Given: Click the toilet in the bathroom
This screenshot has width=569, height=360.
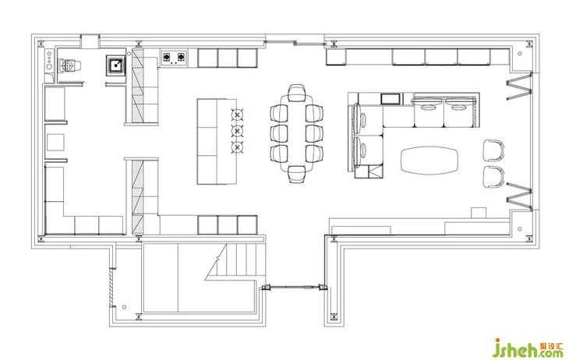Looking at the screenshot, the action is point(69,66).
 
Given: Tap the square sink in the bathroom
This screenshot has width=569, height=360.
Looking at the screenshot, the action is point(116,65).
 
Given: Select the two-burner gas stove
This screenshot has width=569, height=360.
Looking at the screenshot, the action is point(174,58).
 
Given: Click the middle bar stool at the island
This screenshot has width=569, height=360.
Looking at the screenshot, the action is point(237,131).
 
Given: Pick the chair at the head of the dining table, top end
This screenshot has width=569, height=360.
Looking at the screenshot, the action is point(296,93).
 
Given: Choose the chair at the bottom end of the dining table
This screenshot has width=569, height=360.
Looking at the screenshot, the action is point(297,175).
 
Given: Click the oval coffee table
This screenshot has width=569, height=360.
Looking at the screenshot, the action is point(429,161).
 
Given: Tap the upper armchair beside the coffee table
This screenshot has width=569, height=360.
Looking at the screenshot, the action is point(494,150).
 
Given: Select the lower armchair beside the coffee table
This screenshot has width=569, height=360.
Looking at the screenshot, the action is point(494,177).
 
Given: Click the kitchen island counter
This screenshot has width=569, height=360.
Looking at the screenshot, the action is point(217,142).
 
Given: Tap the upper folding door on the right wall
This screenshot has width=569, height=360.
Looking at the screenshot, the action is point(520,86).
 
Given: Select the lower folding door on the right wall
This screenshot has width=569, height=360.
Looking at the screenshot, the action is point(520,196).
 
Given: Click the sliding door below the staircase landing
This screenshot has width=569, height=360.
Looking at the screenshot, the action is point(295,288).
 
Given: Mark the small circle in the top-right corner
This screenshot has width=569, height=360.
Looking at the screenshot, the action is point(520,53).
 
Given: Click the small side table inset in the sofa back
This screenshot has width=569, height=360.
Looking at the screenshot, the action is point(391,99).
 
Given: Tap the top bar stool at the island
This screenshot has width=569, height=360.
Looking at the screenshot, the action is point(237,115).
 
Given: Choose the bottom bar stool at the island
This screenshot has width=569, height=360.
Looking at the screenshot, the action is point(237,147).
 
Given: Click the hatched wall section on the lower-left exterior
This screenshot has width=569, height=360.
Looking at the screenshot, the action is point(111,288).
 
